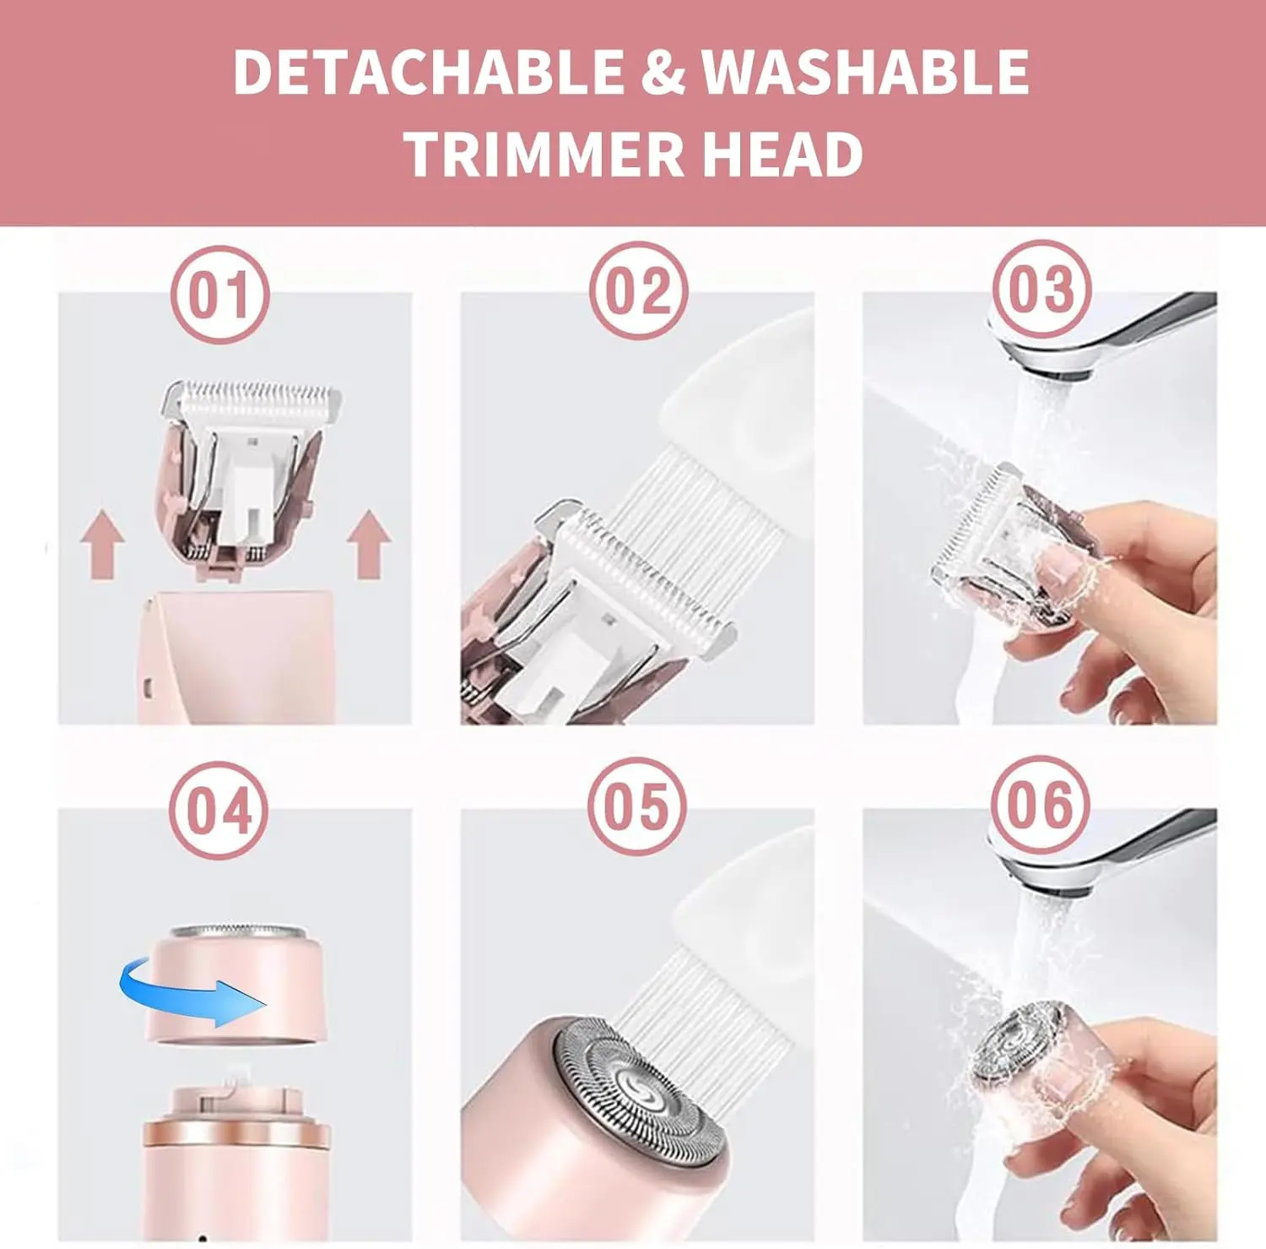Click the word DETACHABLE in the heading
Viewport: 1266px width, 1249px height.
[428, 72]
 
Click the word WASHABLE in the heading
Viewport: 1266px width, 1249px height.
[865, 72]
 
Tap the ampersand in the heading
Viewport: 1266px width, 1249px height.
[663, 72]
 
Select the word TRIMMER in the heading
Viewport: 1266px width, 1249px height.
[544, 155]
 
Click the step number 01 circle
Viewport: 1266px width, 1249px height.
[219, 294]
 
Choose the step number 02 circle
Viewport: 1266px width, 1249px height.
[638, 291]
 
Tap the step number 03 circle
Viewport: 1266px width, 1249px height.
[1041, 289]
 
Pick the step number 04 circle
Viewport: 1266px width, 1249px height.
[219, 810]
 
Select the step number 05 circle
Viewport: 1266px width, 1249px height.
[637, 806]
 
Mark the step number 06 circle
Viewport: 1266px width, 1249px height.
[1040, 804]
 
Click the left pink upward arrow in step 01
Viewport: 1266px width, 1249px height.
[103, 544]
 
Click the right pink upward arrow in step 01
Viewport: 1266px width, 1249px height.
[369, 544]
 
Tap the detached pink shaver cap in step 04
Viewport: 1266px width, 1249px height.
[237, 984]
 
